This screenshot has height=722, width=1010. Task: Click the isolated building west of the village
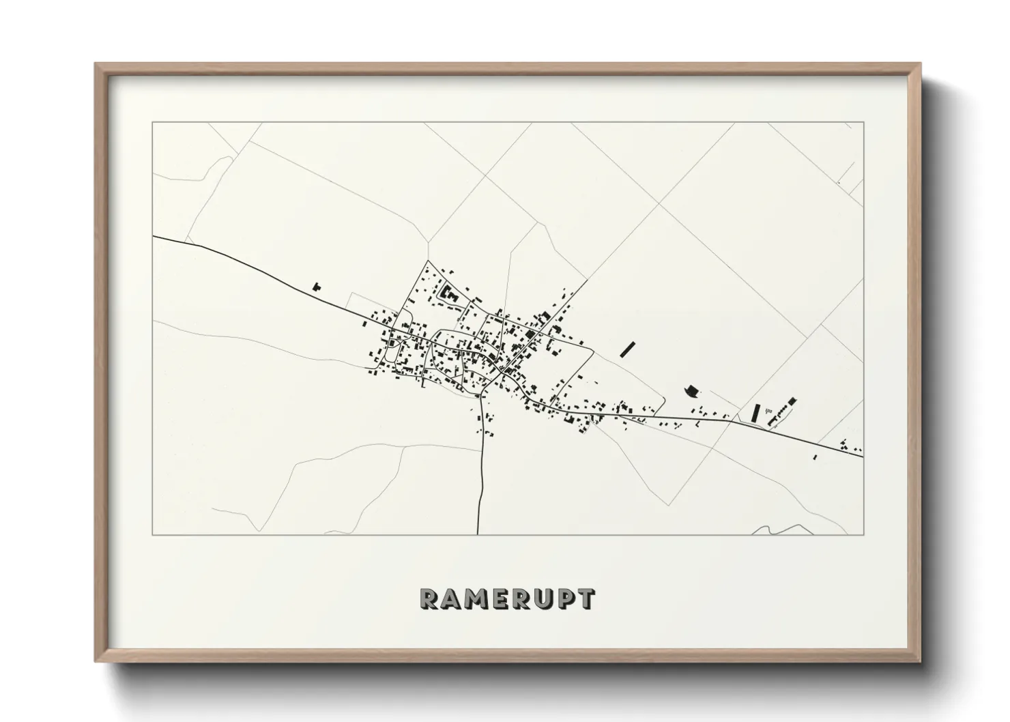click(x=316, y=287)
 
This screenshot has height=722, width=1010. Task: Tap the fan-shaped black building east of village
click(x=691, y=391)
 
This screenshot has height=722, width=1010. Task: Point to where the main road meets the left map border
click(x=153, y=236)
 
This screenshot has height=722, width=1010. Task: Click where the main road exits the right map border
click(x=863, y=456)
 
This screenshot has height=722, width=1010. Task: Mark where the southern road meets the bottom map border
click(x=478, y=534)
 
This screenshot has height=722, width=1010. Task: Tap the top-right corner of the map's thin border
click(x=864, y=122)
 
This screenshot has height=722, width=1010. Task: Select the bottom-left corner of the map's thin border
click(x=152, y=534)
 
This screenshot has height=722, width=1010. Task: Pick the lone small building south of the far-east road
click(x=815, y=457)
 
